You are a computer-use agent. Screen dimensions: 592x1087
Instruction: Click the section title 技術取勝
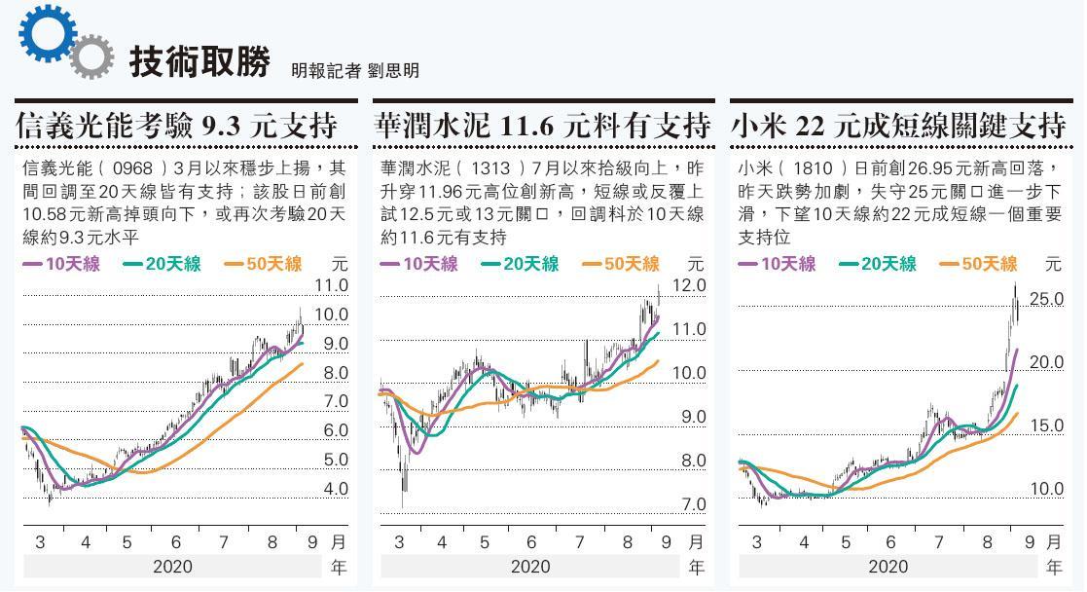(x=199, y=61)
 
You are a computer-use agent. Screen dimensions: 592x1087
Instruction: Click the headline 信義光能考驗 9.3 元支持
(x=178, y=126)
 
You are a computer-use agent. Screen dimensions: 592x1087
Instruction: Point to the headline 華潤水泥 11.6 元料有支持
(x=541, y=126)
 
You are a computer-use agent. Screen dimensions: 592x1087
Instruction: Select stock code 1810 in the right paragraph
(x=813, y=167)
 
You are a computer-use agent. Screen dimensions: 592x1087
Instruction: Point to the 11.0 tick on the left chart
(x=331, y=285)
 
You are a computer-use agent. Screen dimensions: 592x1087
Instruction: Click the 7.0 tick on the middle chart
(x=693, y=504)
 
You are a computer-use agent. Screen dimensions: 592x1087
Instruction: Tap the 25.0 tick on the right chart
(x=1046, y=299)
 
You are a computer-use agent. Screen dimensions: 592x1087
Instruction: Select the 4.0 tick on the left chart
(x=335, y=489)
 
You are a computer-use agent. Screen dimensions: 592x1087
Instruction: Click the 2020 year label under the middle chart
(x=529, y=567)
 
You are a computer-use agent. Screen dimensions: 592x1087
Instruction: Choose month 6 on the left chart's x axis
(x=175, y=542)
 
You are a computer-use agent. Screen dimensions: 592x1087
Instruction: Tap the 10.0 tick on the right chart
(x=1046, y=489)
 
